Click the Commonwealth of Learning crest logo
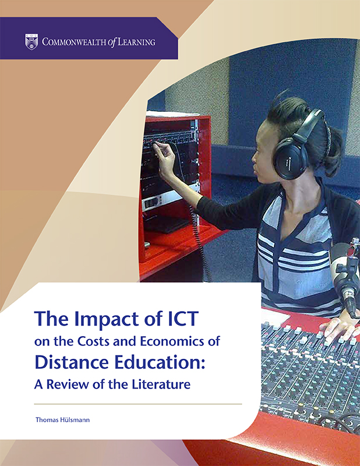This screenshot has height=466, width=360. pos(31,41)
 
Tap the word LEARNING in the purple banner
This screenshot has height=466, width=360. pos(136,42)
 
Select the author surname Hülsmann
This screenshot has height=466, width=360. pos(76,420)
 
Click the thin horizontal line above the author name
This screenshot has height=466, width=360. pos(138,404)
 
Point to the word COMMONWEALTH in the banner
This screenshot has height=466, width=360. pos(75,42)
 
